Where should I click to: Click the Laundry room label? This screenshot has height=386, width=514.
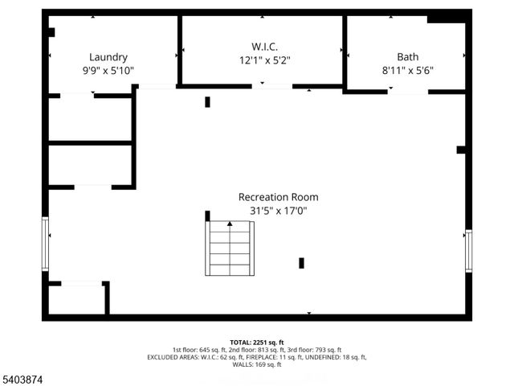(108, 57)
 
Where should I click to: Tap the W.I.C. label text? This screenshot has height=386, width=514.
(263, 45)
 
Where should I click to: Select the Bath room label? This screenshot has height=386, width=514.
(407, 57)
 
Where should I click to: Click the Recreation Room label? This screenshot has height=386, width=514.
(278, 197)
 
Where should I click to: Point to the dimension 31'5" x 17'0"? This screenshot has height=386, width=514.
(278, 211)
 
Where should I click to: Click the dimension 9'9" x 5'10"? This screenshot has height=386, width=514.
(108, 71)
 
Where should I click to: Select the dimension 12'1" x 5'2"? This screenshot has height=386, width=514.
(263, 59)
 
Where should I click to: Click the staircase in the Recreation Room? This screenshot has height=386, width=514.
(230, 248)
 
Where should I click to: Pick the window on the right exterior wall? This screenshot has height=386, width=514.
(468, 250)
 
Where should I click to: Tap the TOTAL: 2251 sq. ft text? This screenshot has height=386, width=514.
(257, 342)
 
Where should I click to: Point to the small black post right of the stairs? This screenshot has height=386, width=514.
(301, 262)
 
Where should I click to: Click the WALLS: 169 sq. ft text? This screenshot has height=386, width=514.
(257, 364)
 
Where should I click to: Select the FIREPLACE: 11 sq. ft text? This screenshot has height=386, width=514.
(278, 357)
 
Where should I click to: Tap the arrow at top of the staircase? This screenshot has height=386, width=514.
(230, 224)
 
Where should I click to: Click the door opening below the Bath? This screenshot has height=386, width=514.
(407, 92)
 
